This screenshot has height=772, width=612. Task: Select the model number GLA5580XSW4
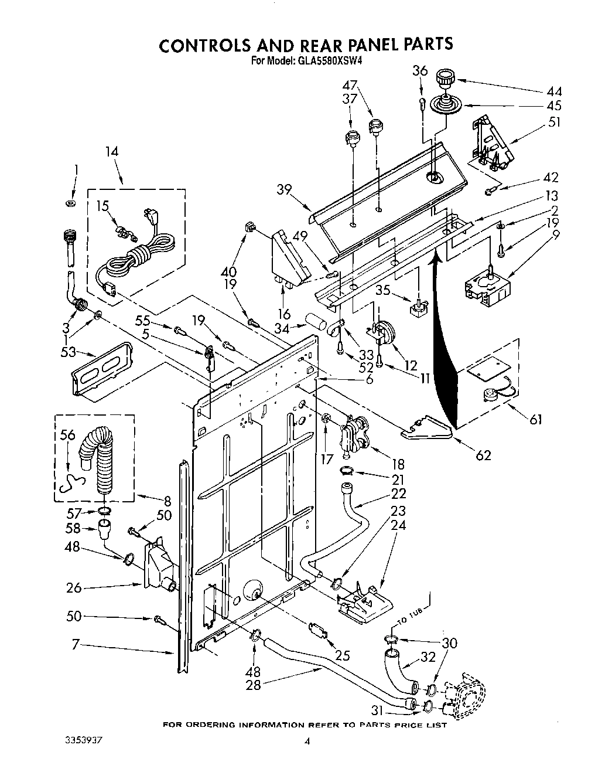click(334, 60)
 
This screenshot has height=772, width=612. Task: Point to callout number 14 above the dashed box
click(111, 151)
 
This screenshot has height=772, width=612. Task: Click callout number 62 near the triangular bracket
click(483, 455)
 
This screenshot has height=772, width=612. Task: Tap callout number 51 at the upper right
click(553, 122)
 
